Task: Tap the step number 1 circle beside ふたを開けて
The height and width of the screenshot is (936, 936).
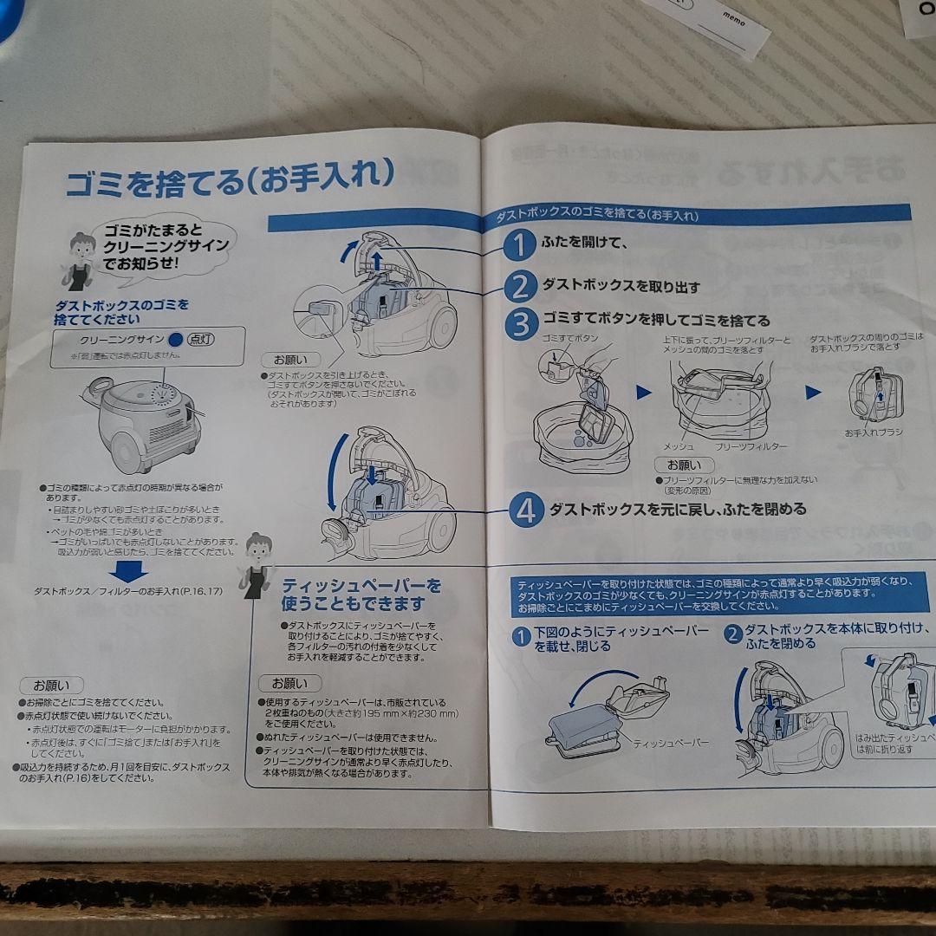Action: pos(519,245)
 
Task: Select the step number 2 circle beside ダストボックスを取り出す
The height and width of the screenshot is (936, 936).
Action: pos(519,285)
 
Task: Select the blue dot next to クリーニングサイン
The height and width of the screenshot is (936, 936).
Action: pos(176,341)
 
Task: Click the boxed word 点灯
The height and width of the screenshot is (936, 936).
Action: pos(201,341)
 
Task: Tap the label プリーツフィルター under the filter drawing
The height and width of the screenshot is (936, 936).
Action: pos(751,445)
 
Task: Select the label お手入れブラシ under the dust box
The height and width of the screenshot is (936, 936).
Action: pos(874,432)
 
